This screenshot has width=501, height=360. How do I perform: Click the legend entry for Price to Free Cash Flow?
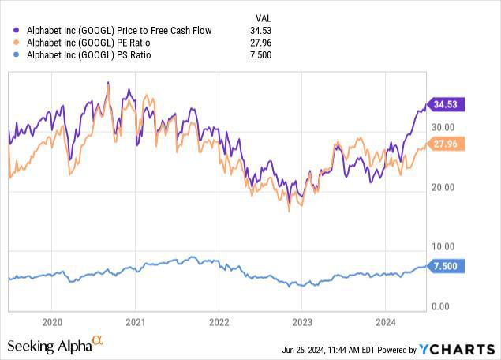pyautogui.click(x=118, y=29)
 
